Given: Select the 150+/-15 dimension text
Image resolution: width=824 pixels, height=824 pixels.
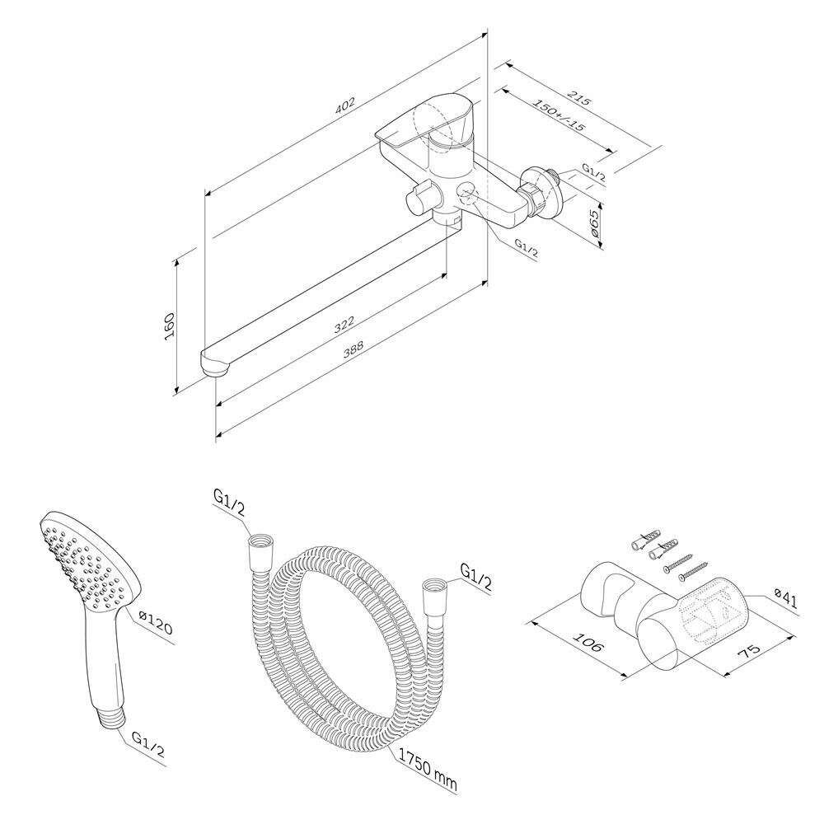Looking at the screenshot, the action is [x=559, y=116].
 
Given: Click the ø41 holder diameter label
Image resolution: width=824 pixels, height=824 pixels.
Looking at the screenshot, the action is [x=787, y=599].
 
